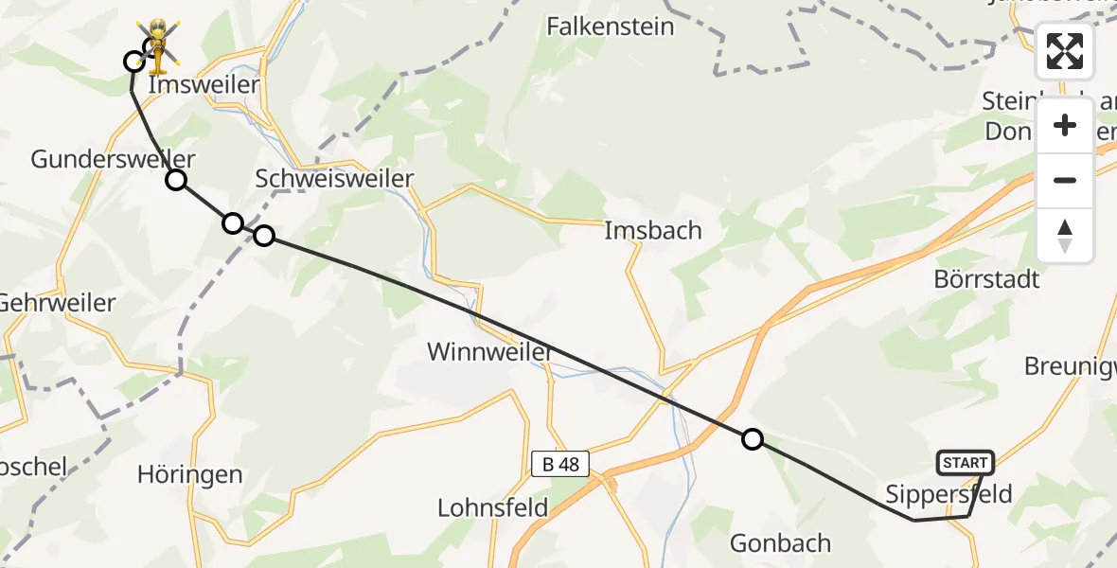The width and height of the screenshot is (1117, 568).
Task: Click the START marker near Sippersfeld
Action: [x=965, y=463]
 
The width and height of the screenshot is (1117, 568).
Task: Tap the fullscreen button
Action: [x=1065, y=51]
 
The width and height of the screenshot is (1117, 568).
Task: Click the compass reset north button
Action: [x=1065, y=236]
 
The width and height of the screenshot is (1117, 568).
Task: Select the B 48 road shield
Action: [x=560, y=465]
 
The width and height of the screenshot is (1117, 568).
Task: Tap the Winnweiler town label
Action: [x=490, y=352]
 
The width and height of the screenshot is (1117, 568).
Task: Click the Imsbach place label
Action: [x=653, y=230]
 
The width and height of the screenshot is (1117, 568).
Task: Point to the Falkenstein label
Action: [x=611, y=27]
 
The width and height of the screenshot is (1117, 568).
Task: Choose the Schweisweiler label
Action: [x=335, y=178]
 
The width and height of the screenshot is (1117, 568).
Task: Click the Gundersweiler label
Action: [x=114, y=158]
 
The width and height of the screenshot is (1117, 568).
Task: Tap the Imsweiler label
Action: [x=204, y=85]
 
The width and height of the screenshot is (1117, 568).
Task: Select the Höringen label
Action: [x=189, y=474]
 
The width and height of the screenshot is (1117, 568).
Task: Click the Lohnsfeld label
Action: [x=493, y=507]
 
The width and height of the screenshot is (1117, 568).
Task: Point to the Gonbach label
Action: [x=781, y=543]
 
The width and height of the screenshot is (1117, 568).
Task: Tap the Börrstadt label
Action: [x=986, y=279]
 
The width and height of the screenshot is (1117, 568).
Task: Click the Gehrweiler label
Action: [x=57, y=303]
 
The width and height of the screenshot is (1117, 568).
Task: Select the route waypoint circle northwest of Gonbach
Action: [x=752, y=438]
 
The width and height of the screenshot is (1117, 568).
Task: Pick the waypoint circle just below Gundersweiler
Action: [x=176, y=180]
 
